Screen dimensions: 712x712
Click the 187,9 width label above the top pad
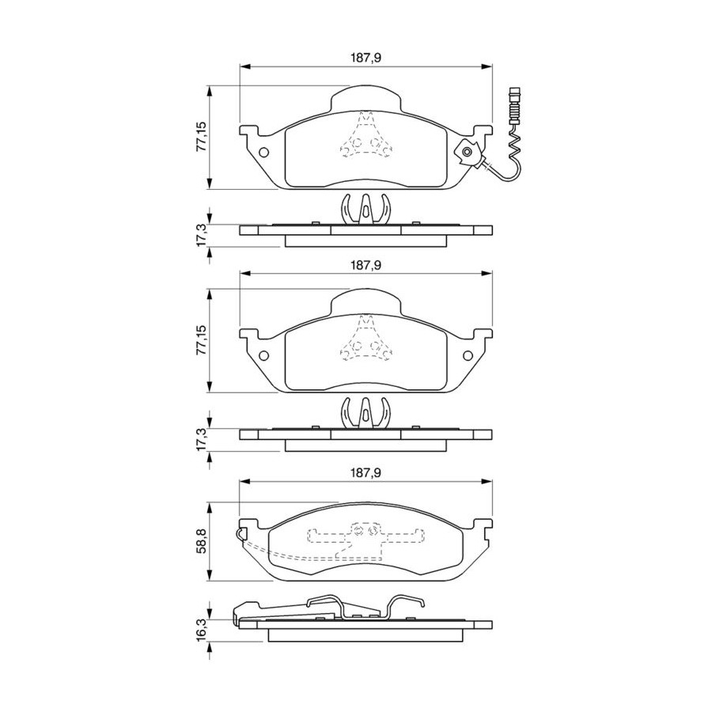tap(365, 58)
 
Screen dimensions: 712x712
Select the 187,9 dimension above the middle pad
tap(365, 265)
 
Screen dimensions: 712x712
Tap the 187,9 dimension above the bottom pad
tap(365, 473)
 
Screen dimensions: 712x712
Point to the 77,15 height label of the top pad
tap(201, 137)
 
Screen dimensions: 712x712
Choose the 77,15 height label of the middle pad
tap(201, 340)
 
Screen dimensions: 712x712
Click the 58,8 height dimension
tap(201, 541)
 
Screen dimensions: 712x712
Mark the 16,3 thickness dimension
tap(201, 628)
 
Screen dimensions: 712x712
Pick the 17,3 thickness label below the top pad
tap(201, 235)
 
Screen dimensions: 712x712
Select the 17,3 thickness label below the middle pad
tap(201, 439)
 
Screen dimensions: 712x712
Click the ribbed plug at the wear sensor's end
tap(515, 105)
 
